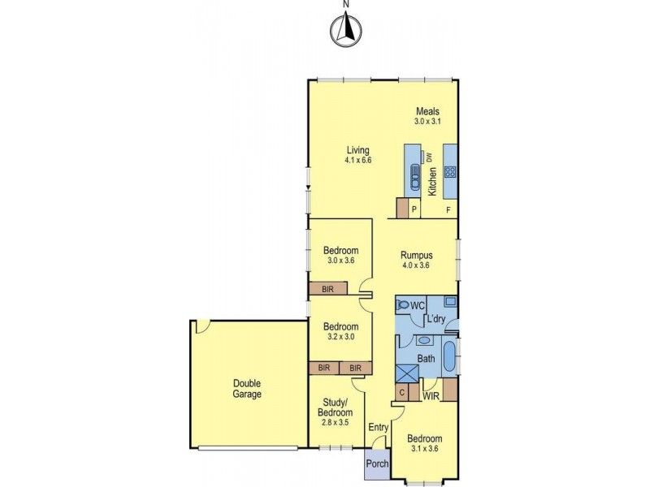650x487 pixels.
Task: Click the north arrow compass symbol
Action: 345,30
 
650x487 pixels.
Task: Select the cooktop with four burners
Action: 450,171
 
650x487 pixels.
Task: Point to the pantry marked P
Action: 414,209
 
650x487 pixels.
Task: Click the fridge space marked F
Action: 448,209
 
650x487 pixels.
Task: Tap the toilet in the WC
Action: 403,306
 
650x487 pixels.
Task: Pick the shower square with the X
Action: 406,373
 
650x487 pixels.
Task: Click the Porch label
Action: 377,463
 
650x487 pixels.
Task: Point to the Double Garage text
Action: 248,389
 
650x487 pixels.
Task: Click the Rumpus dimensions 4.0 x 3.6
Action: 414,265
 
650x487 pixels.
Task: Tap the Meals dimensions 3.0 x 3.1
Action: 427,122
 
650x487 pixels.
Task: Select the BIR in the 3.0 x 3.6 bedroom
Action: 327,288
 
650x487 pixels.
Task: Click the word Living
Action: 357,150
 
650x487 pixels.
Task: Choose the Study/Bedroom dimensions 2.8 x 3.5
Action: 334,423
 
